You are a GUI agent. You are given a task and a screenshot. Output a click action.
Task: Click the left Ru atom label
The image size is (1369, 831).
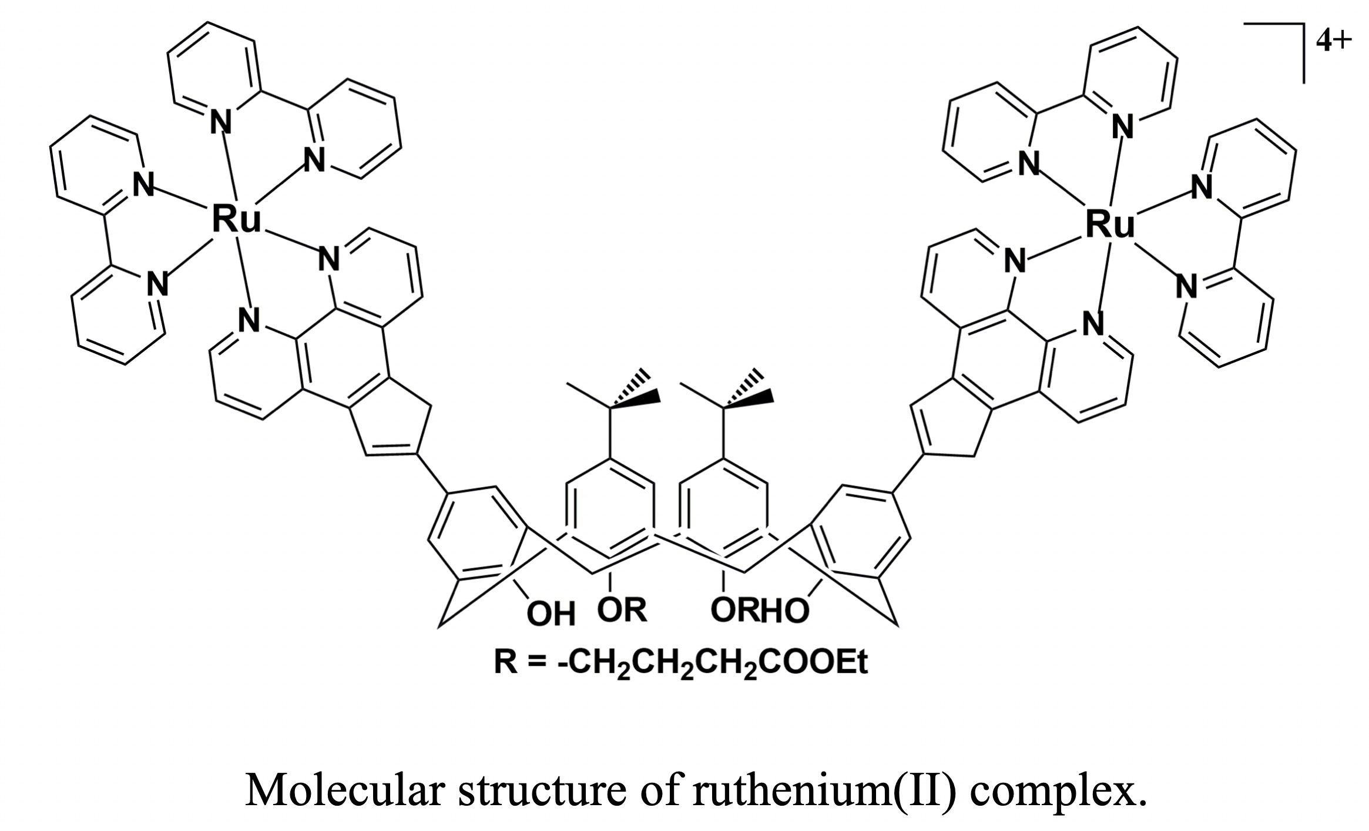[x=236, y=219]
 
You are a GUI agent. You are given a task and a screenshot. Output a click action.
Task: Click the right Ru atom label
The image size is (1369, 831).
[x=1109, y=224]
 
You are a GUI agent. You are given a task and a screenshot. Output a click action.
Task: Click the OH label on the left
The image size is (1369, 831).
[x=550, y=614]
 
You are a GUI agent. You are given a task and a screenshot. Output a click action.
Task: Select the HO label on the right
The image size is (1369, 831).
[x=785, y=611]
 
